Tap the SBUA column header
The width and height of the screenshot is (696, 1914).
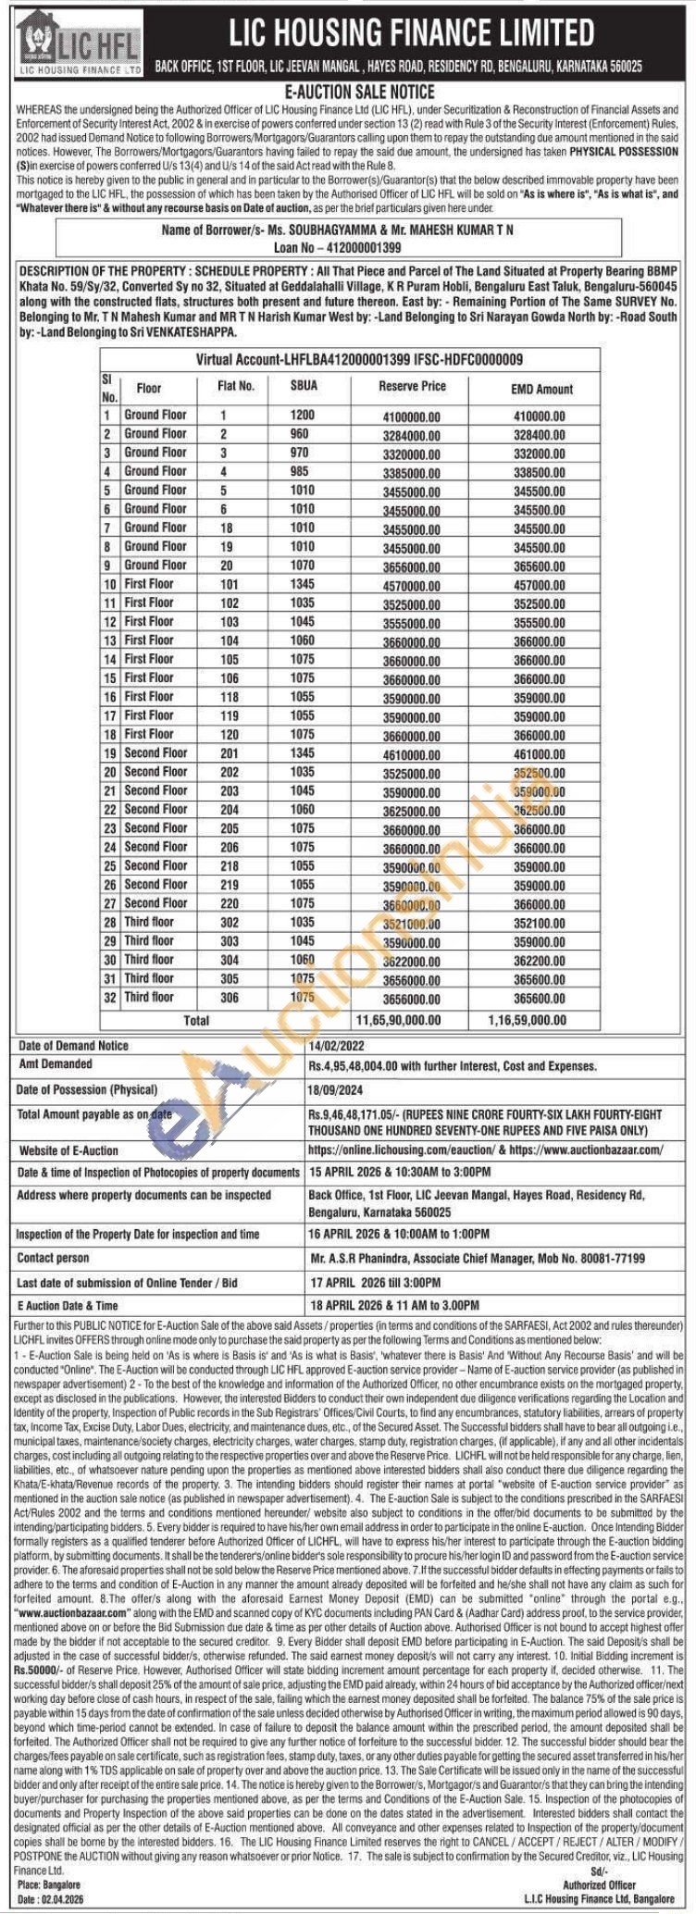click(x=303, y=386)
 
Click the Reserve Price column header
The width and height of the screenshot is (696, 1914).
click(x=412, y=387)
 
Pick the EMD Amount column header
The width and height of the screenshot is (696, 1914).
click(x=541, y=389)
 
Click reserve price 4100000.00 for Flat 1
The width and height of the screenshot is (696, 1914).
click(x=412, y=416)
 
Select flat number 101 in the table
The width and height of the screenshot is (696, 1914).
click(x=229, y=584)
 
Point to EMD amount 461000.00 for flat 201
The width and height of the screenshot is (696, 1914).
click(x=538, y=753)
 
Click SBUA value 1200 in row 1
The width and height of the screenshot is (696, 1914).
click(x=303, y=416)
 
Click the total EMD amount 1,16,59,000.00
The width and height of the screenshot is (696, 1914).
click(x=527, y=1019)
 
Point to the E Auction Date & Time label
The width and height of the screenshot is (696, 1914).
click(x=68, y=1305)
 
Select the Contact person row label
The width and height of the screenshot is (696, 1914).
click(x=54, y=1258)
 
